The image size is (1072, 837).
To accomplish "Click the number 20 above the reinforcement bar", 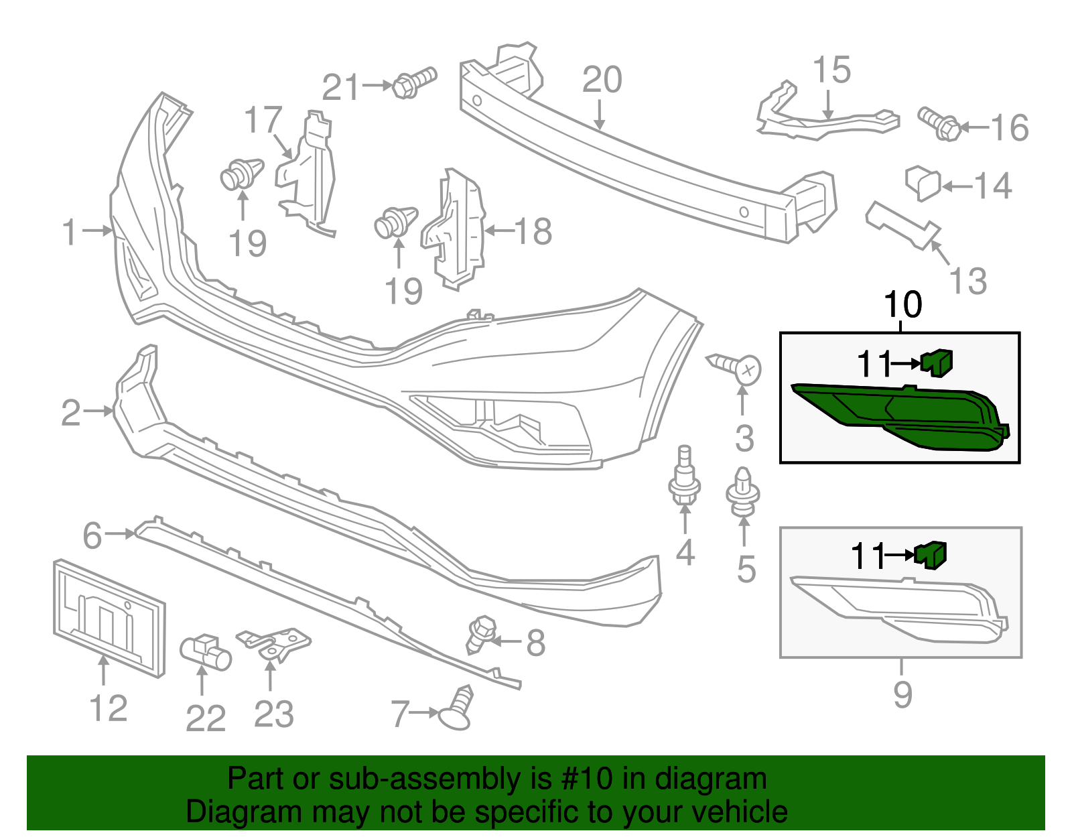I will pyautogui.click(x=602, y=80).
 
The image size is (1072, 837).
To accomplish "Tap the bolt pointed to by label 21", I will pyautogui.click(x=414, y=83).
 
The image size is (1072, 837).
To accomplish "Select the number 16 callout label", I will pyautogui.click(x=1009, y=128).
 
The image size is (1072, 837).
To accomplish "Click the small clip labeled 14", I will pyautogui.click(x=923, y=183).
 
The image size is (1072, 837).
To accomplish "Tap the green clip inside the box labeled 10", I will pyautogui.click(x=937, y=362).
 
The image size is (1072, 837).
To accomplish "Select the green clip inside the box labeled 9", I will pyautogui.click(x=931, y=555).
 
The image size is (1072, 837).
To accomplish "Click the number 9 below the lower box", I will pyautogui.click(x=902, y=694).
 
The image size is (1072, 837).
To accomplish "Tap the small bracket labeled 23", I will pyautogui.click(x=276, y=644).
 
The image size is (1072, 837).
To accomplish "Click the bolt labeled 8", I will pyautogui.click(x=480, y=634).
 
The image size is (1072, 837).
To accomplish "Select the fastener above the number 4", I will pyautogui.click(x=684, y=481).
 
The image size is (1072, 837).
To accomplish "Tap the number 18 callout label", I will pyautogui.click(x=533, y=232).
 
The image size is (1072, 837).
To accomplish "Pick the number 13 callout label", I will pyautogui.click(x=968, y=281).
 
